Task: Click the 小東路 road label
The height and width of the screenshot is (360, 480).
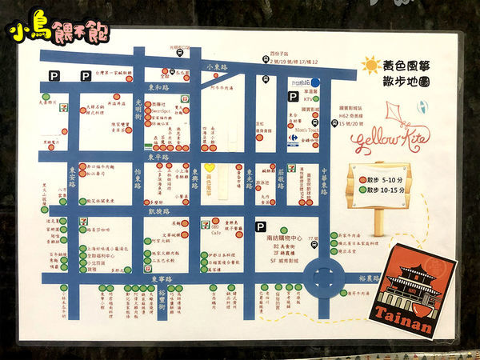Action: coord(217,67)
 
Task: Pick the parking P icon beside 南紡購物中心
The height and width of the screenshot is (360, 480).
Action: coord(260,226)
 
